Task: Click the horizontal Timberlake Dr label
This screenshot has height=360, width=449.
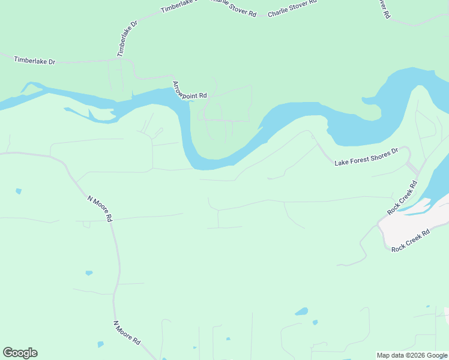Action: (x=34, y=61)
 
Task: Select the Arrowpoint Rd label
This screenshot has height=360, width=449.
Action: (x=190, y=91)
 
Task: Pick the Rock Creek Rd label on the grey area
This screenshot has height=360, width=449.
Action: (x=411, y=240)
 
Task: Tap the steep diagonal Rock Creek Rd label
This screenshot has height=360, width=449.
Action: (x=402, y=197)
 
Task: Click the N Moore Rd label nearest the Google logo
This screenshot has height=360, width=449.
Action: (x=127, y=332)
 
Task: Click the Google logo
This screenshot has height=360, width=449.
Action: (x=20, y=353)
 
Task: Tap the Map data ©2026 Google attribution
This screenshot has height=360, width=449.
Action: (x=412, y=355)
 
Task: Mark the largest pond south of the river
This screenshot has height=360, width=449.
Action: (x=301, y=311)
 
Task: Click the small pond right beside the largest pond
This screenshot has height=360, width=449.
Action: (x=315, y=322)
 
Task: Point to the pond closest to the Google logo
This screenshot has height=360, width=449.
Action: (x=100, y=344)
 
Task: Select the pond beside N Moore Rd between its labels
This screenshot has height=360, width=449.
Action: (x=89, y=273)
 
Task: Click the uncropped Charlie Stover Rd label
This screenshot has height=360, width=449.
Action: (x=292, y=8)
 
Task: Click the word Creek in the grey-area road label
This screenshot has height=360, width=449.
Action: (x=411, y=240)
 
